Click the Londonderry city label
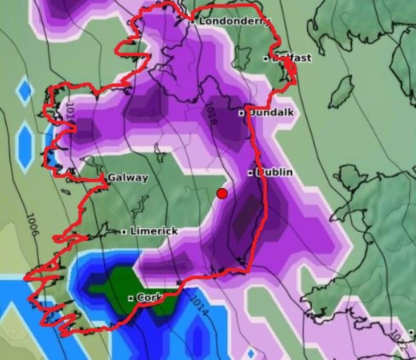click(x=235, y=21)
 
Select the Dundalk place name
click(x=270, y=112)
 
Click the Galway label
click(x=128, y=178)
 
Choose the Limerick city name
click(x=154, y=231)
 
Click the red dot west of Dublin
click(x=222, y=193)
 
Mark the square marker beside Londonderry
click(x=192, y=22)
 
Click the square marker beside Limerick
click(x=124, y=232)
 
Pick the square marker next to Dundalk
click(x=242, y=113)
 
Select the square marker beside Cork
click(x=132, y=299)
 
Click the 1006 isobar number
click(x=31, y=226)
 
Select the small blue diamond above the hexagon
click(x=24, y=90)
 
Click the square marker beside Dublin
click(x=250, y=172)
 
